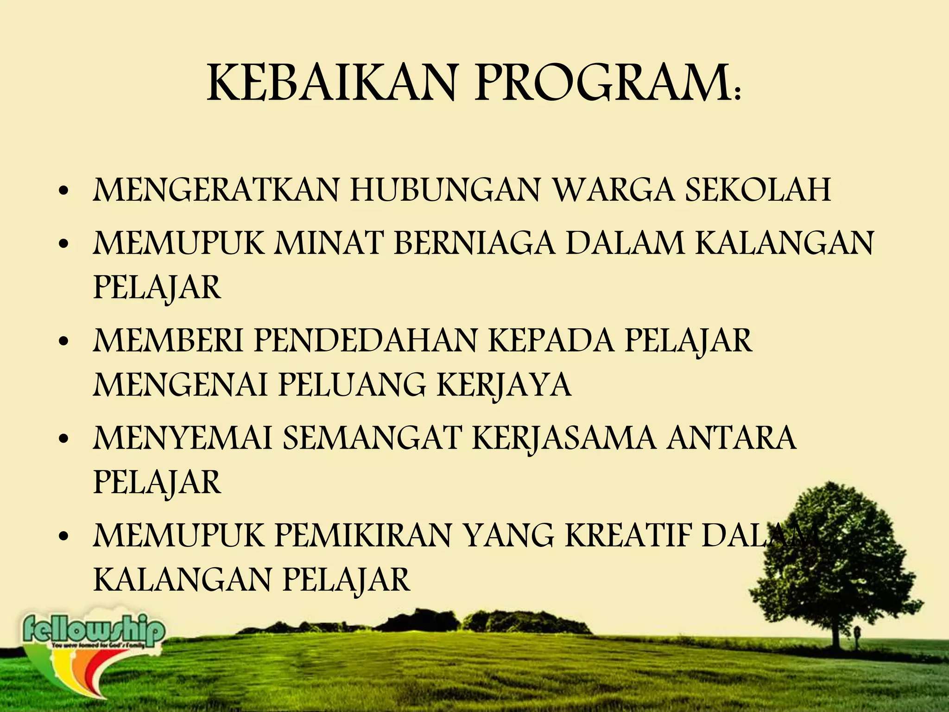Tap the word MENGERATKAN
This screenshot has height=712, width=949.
(x=216, y=191)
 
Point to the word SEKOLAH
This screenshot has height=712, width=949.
(x=758, y=191)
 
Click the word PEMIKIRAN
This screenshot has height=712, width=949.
(x=364, y=536)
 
